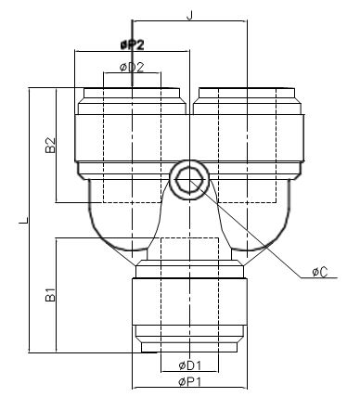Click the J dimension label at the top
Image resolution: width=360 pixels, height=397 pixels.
tap(189, 15)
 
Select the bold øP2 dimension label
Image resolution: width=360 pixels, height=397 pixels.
tap(132, 45)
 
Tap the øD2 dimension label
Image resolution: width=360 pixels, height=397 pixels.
tap(132, 67)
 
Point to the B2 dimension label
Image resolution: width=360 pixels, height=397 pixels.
tap(50, 145)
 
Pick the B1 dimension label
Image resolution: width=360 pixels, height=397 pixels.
tap(50, 294)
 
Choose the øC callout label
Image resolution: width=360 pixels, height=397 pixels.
tap(320, 272)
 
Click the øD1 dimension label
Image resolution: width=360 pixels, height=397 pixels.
tap(190, 365)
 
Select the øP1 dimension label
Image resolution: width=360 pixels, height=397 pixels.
tap(189, 382)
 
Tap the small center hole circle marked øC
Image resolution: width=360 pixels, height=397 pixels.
tap(189, 180)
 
